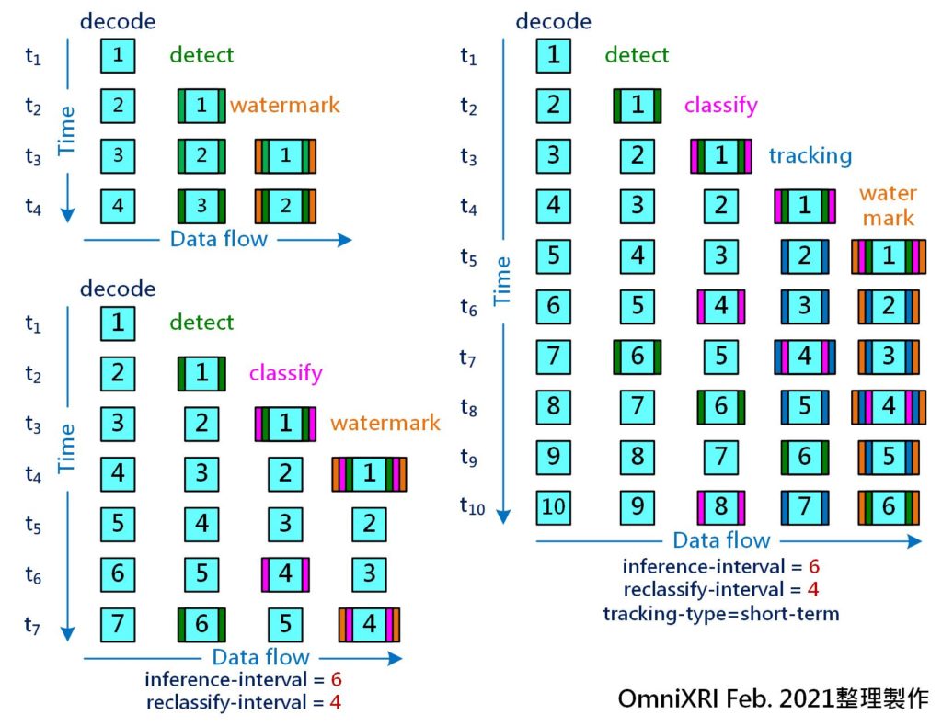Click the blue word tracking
pyautogui.click(x=810, y=155)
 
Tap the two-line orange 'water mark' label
pyautogui.click(x=888, y=205)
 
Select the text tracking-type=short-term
pyautogui.click(x=721, y=614)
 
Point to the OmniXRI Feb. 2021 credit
pyautogui.click(x=773, y=698)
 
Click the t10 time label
pyautogui.click(x=472, y=505)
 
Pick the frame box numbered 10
pyautogui.click(x=553, y=507)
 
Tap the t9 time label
pyautogui.click(x=468, y=457)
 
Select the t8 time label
pyautogui.click(x=468, y=407)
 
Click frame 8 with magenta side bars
pyautogui.click(x=721, y=507)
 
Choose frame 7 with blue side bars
pyautogui.click(x=804, y=507)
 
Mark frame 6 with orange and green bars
pyautogui.click(x=889, y=507)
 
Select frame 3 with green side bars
pyautogui.click(x=201, y=206)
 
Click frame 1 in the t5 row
pyautogui.click(x=889, y=256)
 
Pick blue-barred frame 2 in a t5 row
pyautogui.click(x=804, y=256)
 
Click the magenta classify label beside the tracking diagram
pyautogui.click(x=721, y=105)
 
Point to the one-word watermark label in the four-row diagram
pyautogui.click(x=285, y=105)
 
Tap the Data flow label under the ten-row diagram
pyautogui.click(x=721, y=540)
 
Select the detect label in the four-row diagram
pyautogui.click(x=201, y=55)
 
